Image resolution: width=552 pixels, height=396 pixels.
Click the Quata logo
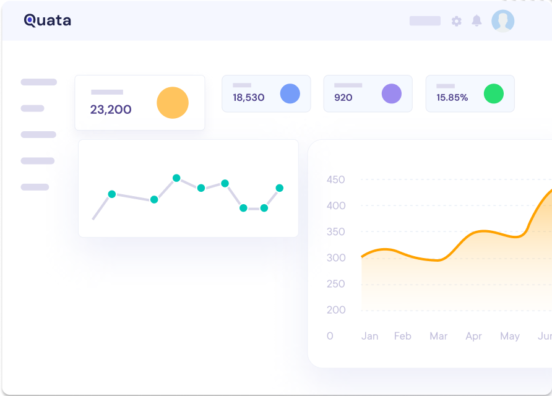point(48,20)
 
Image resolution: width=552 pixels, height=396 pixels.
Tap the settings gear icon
point(457,21)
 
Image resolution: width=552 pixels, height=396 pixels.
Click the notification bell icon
point(477,21)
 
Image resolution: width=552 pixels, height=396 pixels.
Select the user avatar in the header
point(503,21)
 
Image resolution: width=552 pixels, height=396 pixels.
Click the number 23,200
point(111,110)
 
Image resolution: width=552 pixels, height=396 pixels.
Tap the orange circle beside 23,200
point(173,103)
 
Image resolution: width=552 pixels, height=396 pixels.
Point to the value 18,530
point(249,98)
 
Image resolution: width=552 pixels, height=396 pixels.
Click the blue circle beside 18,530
point(290,94)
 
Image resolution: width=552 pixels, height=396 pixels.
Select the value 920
point(343,98)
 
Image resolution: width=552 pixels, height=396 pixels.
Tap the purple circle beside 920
point(392,94)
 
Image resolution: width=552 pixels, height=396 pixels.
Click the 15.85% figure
point(452,98)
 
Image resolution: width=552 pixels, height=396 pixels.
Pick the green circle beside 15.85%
point(494,94)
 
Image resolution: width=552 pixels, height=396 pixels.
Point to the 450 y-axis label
point(336,180)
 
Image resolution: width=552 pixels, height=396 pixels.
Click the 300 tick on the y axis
point(336,258)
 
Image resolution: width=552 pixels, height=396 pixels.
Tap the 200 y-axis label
point(336,310)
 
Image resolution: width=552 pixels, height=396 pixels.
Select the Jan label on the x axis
point(370,337)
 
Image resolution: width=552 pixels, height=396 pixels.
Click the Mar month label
point(439,337)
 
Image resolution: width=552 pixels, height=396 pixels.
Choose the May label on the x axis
point(510,337)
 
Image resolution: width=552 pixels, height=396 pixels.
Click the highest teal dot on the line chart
point(176,178)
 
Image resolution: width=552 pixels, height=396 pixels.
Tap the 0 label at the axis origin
point(330,337)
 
